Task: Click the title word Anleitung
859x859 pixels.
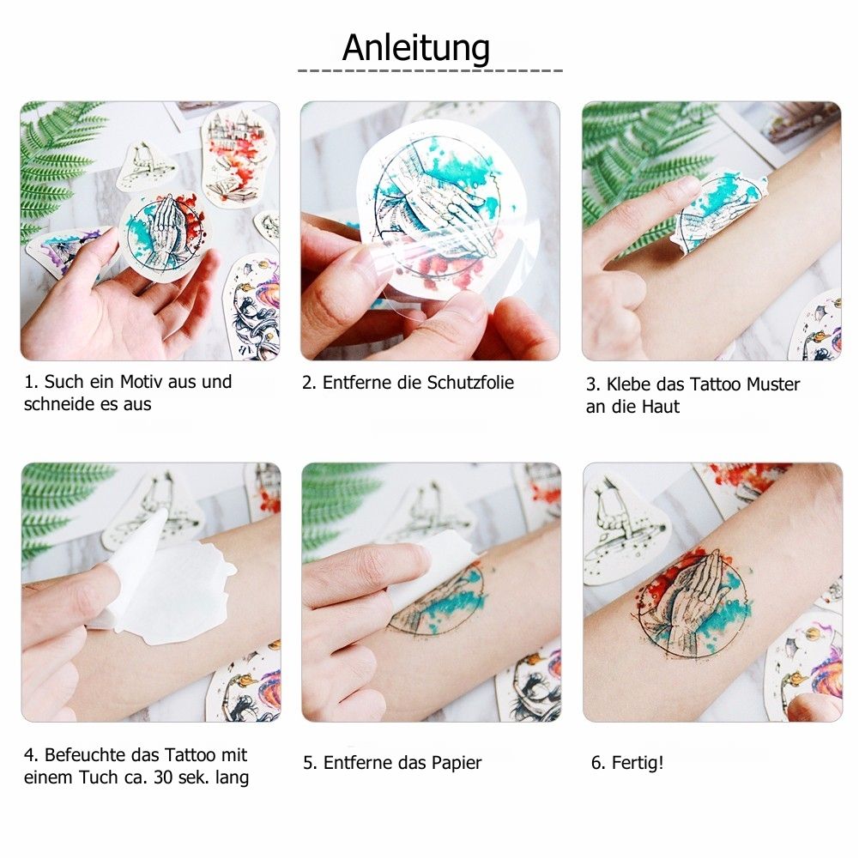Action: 416,48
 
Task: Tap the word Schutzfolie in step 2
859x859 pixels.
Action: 470,383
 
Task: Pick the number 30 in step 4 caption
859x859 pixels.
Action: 164,777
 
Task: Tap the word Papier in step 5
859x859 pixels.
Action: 457,763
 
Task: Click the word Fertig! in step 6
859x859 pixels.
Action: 638,763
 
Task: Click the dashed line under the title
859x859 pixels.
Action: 430,70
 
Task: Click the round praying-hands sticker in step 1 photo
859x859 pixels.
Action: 163,237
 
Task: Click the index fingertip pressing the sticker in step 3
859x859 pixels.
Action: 687,186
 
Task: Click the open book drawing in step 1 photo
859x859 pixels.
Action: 234,191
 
